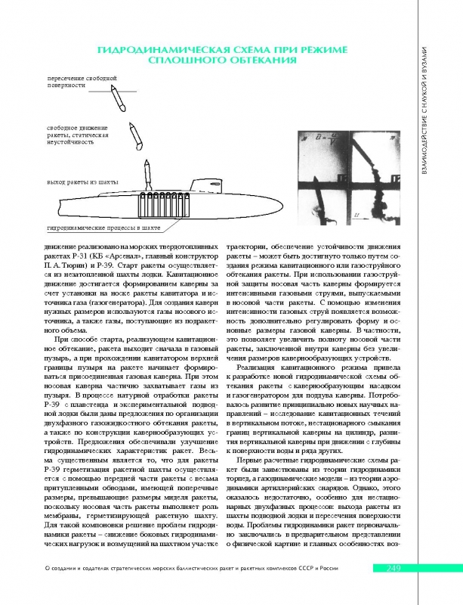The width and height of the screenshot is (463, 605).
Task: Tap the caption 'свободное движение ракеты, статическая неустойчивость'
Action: (x=79, y=133)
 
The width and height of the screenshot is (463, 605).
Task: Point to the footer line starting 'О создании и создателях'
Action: (x=190, y=590)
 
